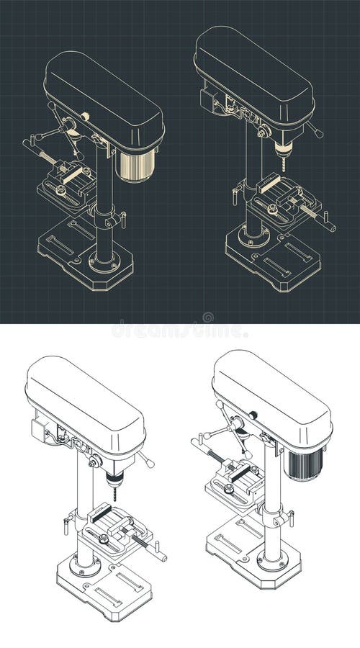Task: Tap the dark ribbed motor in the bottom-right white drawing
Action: coord(305,464)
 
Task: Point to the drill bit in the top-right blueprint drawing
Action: coord(284,164)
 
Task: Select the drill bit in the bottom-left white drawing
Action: coord(114,493)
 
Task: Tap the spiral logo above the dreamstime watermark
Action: coord(208,318)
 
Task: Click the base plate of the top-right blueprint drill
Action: coord(273,258)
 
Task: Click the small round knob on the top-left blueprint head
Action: coord(85,117)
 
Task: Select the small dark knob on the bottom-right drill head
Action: coord(253,415)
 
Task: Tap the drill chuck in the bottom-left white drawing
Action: coord(114,480)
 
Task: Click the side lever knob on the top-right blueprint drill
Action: coord(319,134)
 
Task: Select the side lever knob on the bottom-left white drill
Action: coord(150,464)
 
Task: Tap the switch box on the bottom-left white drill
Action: coord(39,429)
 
